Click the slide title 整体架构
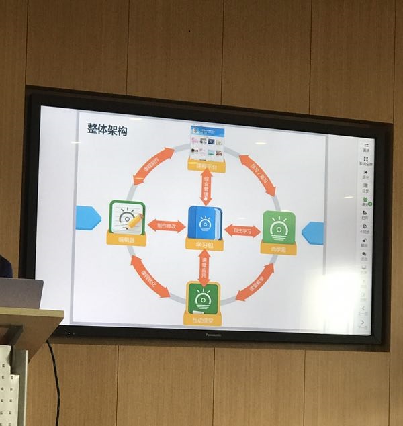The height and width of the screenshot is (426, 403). (x=107, y=130)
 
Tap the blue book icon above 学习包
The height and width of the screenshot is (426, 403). (x=205, y=222)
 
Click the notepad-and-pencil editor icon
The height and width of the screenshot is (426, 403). (x=127, y=217)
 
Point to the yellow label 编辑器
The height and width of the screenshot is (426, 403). (x=126, y=239)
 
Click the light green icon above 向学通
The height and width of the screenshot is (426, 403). (x=279, y=227)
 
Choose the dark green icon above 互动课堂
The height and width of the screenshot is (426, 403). (x=203, y=298)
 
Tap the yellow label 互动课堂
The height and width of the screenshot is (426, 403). (x=202, y=319)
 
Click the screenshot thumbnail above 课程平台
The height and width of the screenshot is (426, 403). (x=207, y=142)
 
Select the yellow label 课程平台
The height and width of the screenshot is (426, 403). (x=206, y=165)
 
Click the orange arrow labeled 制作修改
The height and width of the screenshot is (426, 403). (x=167, y=226)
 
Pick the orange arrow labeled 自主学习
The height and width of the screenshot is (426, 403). (x=242, y=230)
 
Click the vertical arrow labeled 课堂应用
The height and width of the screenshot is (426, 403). (x=204, y=267)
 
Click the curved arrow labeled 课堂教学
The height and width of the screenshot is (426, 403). (x=255, y=282)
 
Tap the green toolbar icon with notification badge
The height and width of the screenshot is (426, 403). (x=365, y=200)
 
